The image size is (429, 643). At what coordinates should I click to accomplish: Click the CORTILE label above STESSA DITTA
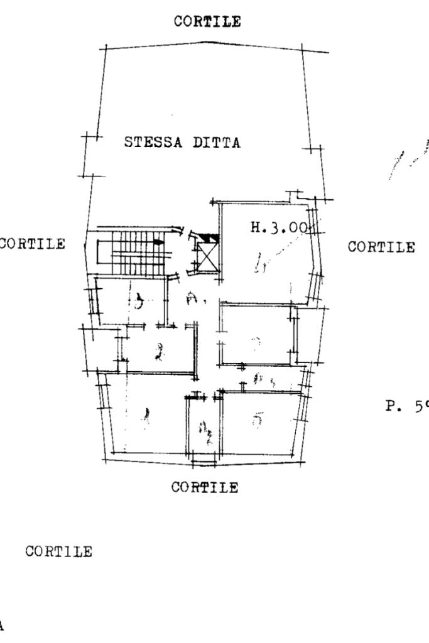tap(207, 21)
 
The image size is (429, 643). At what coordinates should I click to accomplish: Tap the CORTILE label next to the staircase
tap(33, 244)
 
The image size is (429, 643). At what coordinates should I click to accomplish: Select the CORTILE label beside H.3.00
tap(381, 246)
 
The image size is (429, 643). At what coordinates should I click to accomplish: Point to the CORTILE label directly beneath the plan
tap(205, 487)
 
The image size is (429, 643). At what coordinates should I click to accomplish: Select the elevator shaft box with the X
tap(207, 255)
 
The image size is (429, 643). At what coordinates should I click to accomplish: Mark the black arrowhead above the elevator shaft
tap(212, 237)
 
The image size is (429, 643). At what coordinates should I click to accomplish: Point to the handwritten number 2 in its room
tap(159, 350)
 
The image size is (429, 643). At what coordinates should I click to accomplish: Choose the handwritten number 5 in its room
tap(256, 419)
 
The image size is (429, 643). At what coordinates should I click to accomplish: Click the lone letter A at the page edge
tap(2, 625)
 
